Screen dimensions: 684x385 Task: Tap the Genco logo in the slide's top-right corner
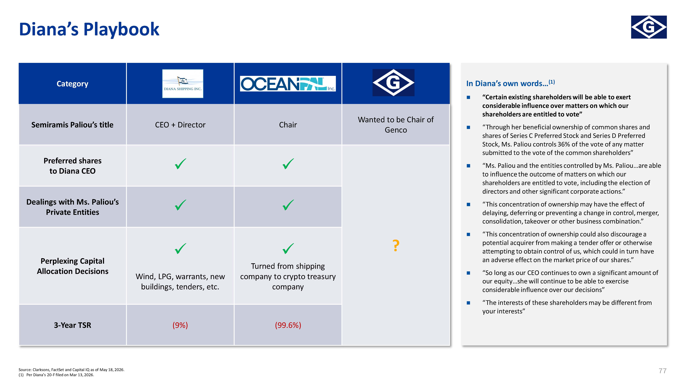tap(649, 27)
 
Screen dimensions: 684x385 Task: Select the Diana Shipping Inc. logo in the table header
tap(183, 83)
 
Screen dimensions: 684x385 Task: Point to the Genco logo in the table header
tap(393, 82)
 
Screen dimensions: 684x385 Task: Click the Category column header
tap(72, 84)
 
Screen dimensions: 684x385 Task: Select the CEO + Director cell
tap(180, 125)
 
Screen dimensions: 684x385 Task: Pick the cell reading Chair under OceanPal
tap(288, 125)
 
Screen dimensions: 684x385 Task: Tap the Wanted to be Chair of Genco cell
tap(396, 125)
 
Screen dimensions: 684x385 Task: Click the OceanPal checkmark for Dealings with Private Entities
tap(288, 205)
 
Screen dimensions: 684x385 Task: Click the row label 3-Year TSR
tap(72, 325)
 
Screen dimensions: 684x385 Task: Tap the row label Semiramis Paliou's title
tap(72, 125)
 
